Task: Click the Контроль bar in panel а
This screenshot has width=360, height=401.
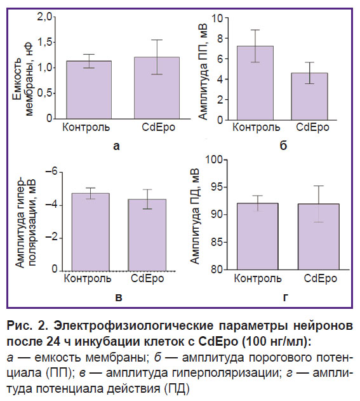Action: point(89,90)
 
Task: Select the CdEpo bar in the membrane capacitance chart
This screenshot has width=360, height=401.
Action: point(157,88)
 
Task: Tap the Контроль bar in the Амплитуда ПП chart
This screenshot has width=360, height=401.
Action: point(255,83)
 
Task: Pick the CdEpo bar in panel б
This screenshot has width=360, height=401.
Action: point(310,97)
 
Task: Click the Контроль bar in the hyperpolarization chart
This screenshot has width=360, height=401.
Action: point(91,232)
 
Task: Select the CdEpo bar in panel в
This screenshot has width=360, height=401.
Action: point(147,235)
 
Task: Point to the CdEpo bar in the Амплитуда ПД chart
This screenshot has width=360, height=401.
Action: point(319,236)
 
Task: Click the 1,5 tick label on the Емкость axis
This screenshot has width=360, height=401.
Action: point(45,42)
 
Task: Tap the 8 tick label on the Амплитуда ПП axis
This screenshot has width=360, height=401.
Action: point(220,38)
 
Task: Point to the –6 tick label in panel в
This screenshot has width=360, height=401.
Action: point(51,172)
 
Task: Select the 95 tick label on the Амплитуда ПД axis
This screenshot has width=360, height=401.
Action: point(217,187)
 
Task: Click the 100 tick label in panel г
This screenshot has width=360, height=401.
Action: point(213,160)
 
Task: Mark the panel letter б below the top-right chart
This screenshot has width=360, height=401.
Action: point(283,146)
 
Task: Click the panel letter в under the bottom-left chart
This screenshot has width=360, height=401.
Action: point(119,297)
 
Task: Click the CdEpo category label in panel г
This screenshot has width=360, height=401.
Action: point(321,279)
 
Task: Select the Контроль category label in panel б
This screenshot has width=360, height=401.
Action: point(256,127)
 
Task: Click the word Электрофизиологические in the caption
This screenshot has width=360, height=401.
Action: point(133,326)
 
